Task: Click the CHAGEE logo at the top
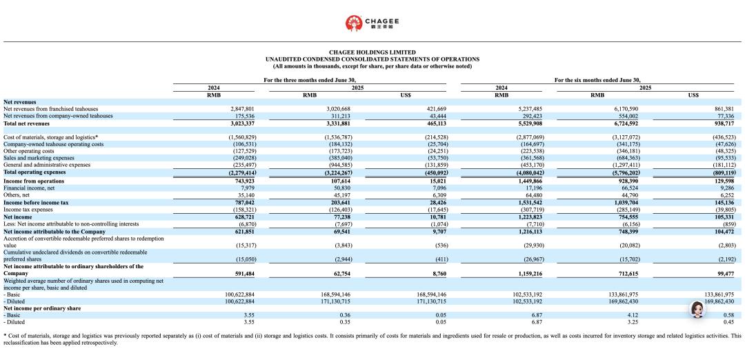[x=372, y=23]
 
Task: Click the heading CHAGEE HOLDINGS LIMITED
[x=372, y=52]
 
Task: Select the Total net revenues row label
[x=28, y=123]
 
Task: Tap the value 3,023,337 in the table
[x=241, y=123]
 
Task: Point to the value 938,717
[x=721, y=123]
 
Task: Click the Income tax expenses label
[x=28, y=209]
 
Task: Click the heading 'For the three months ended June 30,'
[x=315, y=81]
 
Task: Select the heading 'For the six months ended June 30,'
[x=602, y=81]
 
